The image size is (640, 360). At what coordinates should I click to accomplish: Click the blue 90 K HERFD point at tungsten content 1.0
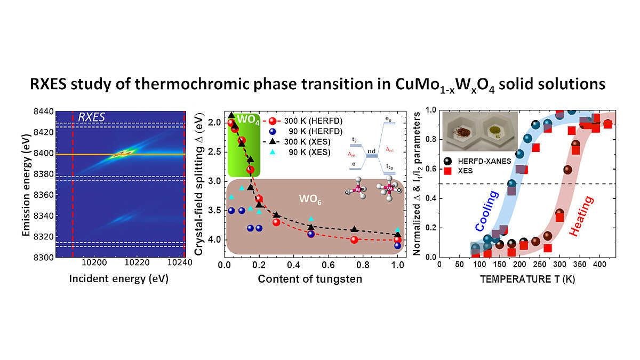click(397, 245)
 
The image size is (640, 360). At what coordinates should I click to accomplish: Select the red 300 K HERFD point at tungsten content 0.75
click(354, 239)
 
